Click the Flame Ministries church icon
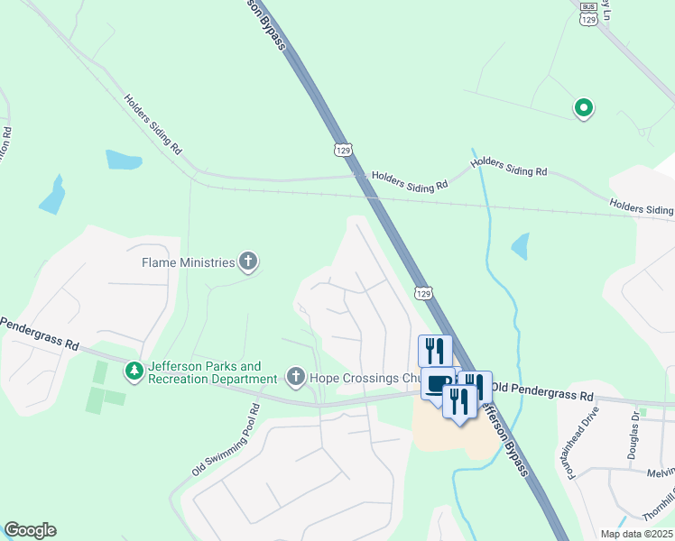click(249, 263)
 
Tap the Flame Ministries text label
click(189, 263)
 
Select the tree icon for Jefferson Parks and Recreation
click(134, 371)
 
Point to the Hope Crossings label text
click(361, 378)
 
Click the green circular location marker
click(584, 109)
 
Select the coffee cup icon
click(438, 385)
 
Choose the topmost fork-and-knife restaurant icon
click(435, 349)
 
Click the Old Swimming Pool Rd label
click(226, 441)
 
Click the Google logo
click(30, 530)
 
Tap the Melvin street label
click(661, 472)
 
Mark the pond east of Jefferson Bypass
click(520, 245)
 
